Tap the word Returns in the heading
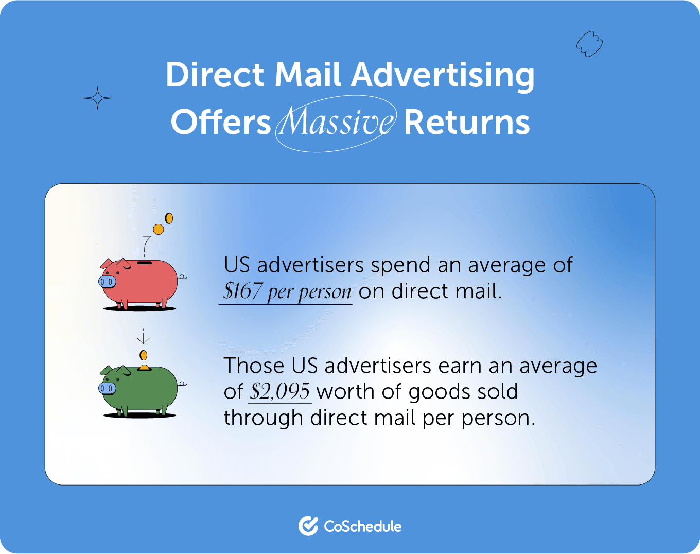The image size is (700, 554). pos(466,123)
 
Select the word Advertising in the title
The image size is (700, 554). pos(443,76)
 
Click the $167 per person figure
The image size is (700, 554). pos(287,291)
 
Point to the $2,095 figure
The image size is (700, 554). pos(280,391)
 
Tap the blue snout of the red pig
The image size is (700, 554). pos(107,281)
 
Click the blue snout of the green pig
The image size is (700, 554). pos(107,388)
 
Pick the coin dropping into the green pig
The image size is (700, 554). pos(144,355)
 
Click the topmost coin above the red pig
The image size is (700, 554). pos(168,218)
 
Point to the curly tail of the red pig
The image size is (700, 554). pos(182,278)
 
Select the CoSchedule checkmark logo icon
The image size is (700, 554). pos(308,526)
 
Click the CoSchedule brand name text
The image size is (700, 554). pos(363,526)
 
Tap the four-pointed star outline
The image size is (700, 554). pos(97,98)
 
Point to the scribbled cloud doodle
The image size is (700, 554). pos(589,44)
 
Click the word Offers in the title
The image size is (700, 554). pos(221,123)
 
